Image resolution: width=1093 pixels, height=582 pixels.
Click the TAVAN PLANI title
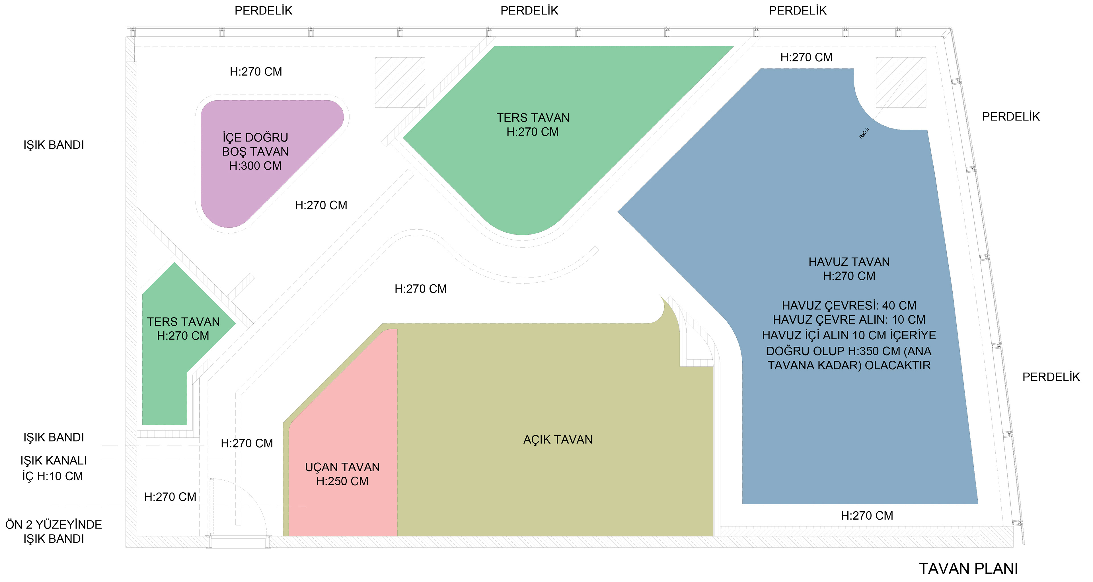968,568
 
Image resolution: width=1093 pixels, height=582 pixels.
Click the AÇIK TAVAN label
558,440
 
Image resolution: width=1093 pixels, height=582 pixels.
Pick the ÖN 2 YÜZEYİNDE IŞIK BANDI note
54,532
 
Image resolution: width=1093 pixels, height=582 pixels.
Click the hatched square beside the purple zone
400,82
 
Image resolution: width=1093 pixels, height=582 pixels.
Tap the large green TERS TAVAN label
533,118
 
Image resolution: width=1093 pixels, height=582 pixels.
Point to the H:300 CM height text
255,166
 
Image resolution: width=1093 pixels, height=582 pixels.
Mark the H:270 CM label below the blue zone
867,516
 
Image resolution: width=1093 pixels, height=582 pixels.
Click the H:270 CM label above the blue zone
806,57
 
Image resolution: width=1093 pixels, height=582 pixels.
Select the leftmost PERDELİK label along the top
264,11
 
